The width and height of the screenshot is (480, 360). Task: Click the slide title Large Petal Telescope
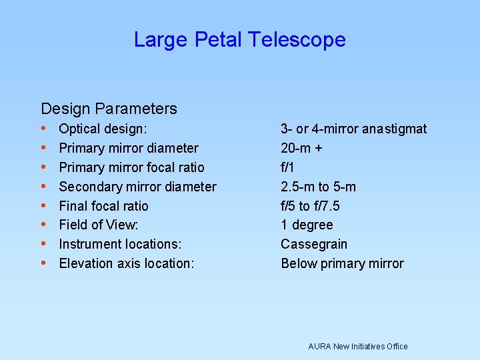(239, 40)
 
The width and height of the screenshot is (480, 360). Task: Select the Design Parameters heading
(109, 109)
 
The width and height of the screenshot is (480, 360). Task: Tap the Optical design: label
(103, 129)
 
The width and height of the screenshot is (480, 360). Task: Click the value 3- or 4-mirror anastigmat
(353, 129)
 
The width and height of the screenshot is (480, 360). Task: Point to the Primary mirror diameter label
(129, 148)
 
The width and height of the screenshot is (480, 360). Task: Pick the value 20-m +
(301, 148)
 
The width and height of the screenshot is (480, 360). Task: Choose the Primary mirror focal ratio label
(131, 167)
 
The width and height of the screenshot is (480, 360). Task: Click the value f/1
(289, 167)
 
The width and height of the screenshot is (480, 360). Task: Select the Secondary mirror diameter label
(137, 187)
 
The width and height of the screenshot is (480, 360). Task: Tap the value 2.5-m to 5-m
(318, 187)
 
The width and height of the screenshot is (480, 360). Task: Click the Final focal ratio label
(103, 206)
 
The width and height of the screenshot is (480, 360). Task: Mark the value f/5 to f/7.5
(310, 206)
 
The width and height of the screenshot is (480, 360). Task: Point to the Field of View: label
(99, 225)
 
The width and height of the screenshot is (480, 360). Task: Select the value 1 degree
(307, 225)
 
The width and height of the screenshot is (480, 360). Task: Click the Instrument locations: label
(120, 244)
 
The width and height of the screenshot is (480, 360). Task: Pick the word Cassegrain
(314, 244)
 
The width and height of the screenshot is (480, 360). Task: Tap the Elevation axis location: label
(127, 263)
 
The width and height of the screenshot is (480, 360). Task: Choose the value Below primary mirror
(342, 263)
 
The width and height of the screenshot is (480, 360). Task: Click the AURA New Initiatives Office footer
(357, 346)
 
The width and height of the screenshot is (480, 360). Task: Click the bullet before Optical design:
(43, 128)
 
